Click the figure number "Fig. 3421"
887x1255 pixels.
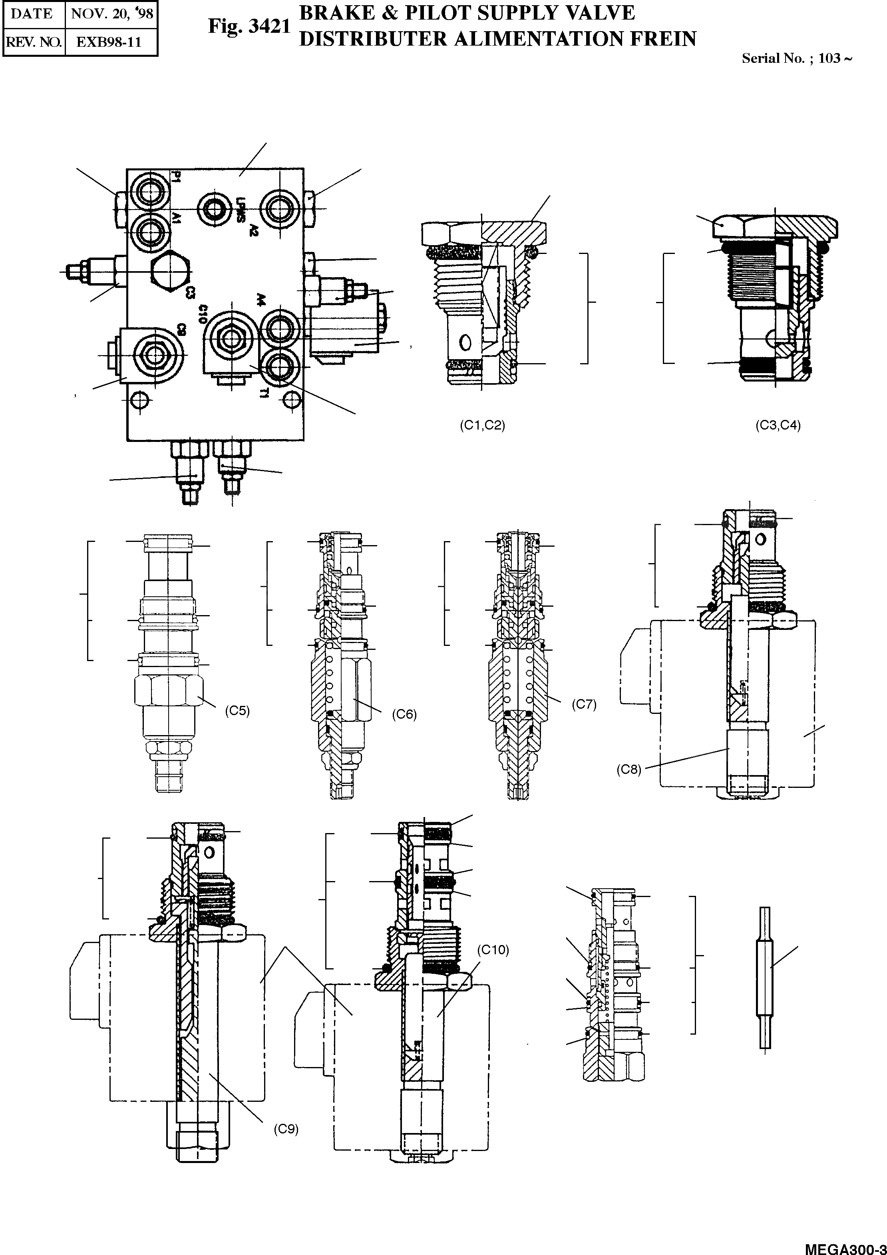coord(249,27)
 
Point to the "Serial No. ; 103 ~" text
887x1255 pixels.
coord(796,58)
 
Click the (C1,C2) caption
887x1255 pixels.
coord(482,425)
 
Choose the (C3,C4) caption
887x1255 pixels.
coord(778,425)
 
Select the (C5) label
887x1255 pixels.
coord(237,711)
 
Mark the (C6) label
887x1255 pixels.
coord(404,714)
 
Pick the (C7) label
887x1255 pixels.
coord(584,704)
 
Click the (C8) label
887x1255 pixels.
coord(628,769)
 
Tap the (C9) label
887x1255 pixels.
coord(286,1129)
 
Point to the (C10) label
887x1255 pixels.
coord(493,950)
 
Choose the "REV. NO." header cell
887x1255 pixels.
coord(33,42)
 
